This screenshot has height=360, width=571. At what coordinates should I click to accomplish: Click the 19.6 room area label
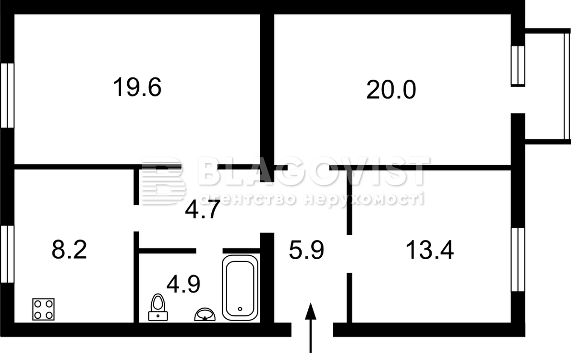tap(137, 87)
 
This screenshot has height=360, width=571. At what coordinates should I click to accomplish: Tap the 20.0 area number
tap(391, 90)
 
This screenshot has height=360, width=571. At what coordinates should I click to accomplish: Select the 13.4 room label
tap(430, 250)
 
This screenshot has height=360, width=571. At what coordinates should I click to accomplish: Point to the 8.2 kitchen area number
tap(69, 250)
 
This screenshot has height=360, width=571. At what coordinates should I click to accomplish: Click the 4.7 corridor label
tap(203, 210)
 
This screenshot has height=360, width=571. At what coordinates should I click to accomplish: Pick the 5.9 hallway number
tap(306, 251)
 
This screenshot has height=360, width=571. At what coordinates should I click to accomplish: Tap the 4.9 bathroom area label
tap(183, 284)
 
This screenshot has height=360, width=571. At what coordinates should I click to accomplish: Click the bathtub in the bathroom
tap(240, 288)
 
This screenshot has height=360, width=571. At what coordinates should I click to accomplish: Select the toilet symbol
tap(158, 308)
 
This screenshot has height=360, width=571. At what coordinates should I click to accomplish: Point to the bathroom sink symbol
tap(205, 314)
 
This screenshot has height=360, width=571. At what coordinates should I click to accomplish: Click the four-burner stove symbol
tap(43, 310)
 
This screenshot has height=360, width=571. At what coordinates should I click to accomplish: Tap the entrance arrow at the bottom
tap(310, 328)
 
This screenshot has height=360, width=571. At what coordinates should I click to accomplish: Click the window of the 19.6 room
tap(7, 96)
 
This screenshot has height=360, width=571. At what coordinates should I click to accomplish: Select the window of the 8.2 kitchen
tap(7, 254)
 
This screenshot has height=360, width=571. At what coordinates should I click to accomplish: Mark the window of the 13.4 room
tap(518, 259)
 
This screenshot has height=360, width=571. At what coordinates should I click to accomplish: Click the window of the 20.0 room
tap(518, 66)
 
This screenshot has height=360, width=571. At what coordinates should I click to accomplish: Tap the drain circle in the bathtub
tap(240, 309)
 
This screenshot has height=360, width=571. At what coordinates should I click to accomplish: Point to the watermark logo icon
tap(163, 181)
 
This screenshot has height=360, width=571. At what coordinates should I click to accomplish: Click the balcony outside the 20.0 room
tap(547, 86)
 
